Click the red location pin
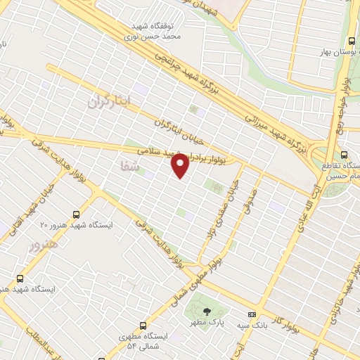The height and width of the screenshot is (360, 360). [x=181, y=165]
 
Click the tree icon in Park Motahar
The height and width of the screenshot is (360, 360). [x=206, y=310]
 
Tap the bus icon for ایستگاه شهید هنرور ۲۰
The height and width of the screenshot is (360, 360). [x=77, y=213]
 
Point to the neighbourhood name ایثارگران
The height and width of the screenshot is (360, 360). [x=110, y=101]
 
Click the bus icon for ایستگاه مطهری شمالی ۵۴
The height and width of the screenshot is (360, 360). [x=143, y=326]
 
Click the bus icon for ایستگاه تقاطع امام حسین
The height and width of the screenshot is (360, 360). [x=344, y=155]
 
